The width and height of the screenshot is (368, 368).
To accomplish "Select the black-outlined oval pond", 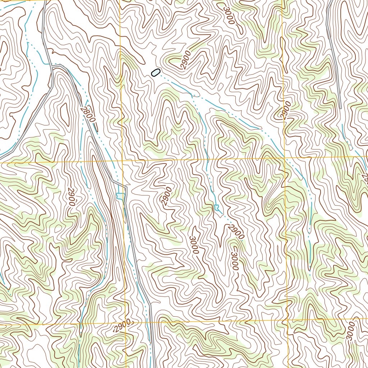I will coord(155,73).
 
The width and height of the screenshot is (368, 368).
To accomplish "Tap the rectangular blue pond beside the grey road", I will coord(120,196).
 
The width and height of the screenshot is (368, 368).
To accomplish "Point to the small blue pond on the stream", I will coord(216,207).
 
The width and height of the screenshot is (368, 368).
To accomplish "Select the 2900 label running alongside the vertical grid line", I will coord(286,110).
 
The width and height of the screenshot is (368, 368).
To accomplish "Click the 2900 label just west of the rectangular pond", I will coord(71,197).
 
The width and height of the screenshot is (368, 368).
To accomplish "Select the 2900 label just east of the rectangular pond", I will coord(166,196).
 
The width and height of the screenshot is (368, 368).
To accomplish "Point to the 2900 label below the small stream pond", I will coord(236,232).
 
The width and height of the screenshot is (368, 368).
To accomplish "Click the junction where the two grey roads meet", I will coord(53,66).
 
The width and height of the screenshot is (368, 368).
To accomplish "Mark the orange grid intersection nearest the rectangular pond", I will coord(122,161).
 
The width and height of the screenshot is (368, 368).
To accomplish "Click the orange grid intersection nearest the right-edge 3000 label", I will coord(287,319).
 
